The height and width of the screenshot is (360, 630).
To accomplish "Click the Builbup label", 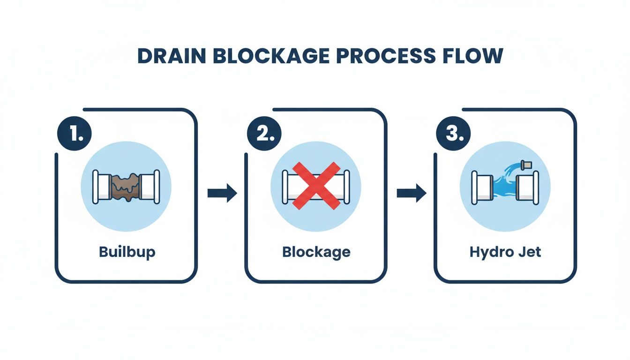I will click(x=127, y=252).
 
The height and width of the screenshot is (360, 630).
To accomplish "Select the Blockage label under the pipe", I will click(x=316, y=252).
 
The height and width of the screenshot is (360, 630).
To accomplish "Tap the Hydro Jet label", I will click(x=505, y=252).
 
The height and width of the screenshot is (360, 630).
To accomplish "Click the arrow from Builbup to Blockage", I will click(x=222, y=193).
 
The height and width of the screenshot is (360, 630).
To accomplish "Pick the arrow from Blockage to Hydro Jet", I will click(x=411, y=193).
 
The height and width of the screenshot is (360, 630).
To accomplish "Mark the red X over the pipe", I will click(x=316, y=186).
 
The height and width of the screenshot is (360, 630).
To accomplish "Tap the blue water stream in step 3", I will click(x=503, y=186).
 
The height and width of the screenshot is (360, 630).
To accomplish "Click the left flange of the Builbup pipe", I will click(x=96, y=187).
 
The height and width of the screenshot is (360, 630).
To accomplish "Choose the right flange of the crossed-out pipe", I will click(x=346, y=187).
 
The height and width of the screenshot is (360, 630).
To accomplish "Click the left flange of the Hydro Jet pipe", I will click(x=474, y=187).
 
